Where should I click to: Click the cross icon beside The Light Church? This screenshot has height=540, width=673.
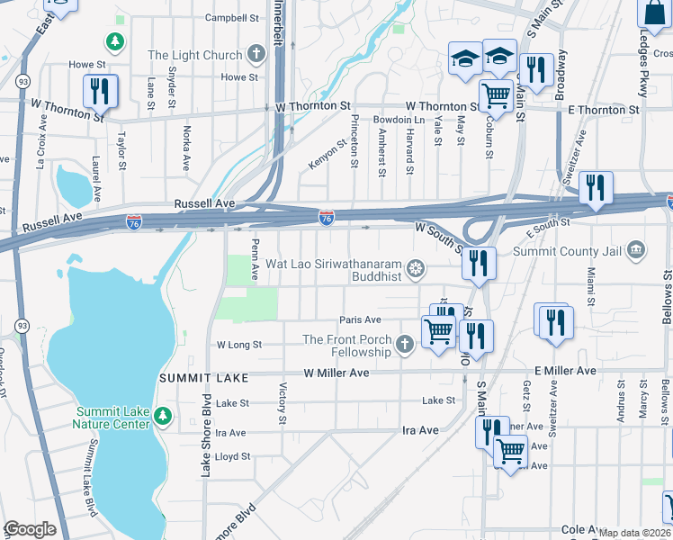tap(256, 55)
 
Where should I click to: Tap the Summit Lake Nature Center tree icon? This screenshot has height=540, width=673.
tap(162, 416)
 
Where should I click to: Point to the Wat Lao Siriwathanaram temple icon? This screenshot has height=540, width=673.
tap(415, 267)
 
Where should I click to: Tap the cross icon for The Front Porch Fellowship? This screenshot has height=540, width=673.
tap(405, 343)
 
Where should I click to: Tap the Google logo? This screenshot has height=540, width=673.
tap(30, 529)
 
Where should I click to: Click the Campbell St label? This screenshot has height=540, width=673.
tap(231, 17)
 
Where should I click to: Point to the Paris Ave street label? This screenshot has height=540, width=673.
tap(360, 319)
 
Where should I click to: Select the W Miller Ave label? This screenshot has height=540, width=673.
tap(336, 373)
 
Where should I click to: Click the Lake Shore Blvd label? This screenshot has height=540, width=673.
tap(206, 436)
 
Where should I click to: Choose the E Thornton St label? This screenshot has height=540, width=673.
tap(604, 110)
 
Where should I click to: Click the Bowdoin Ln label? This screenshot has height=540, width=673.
tap(399, 120)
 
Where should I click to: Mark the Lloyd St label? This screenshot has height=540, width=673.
tap(232, 456)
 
